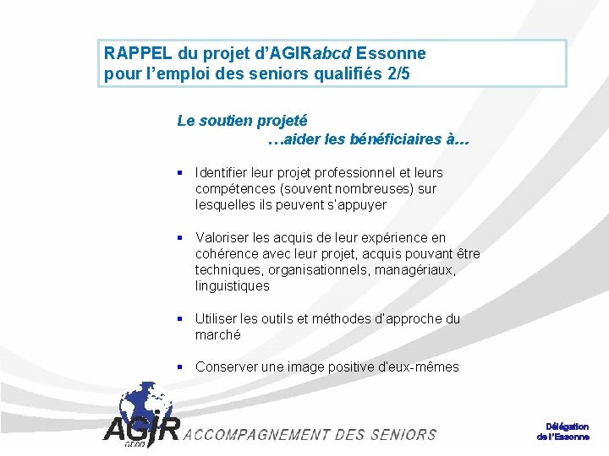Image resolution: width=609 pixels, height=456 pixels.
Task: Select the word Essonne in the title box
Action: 392,53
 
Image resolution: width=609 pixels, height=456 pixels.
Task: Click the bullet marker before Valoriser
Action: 180,237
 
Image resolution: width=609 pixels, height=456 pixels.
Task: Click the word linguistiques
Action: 233,285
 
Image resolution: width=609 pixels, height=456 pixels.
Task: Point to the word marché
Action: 217,334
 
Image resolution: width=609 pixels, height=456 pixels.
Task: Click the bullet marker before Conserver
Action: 180,366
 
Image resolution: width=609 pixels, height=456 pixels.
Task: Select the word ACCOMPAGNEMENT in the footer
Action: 256,435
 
